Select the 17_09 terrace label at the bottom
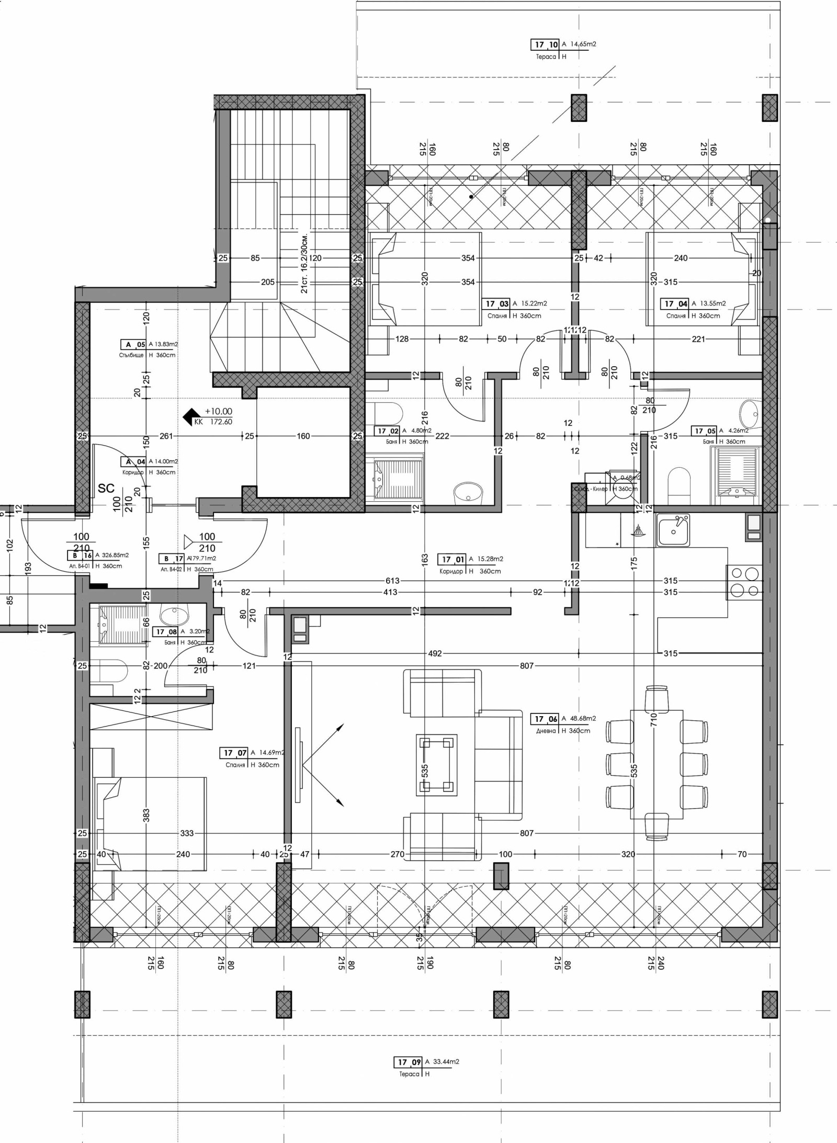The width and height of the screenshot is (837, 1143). click(409, 1062)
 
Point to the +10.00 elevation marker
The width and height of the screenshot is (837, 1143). click(218, 412)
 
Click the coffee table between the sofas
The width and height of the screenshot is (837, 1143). click(436, 765)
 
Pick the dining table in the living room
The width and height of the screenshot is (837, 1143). click(657, 764)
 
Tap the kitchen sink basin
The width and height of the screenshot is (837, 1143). click(673, 530)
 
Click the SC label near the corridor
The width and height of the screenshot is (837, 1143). click(106, 489)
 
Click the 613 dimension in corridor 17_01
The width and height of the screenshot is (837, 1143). click(392, 581)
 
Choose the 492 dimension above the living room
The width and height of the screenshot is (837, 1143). click(435, 653)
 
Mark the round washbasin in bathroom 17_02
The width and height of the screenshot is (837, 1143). click(469, 492)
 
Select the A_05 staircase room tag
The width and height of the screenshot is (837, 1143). click(134, 345)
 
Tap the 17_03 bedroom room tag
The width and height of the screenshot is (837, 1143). click(496, 304)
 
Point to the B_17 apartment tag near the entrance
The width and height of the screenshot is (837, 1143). click(172, 559)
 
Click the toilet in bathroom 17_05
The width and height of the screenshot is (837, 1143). click(680, 481)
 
